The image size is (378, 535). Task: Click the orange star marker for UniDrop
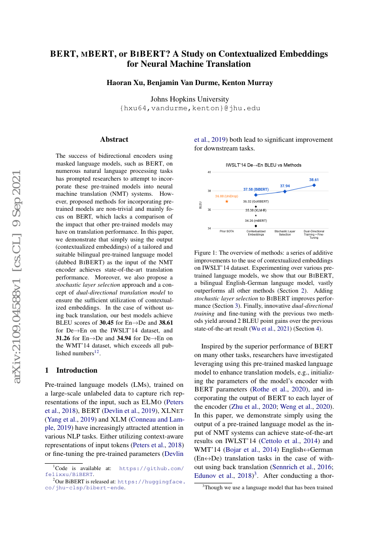[x=227, y=201]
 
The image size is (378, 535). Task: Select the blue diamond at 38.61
[x=314, y=185]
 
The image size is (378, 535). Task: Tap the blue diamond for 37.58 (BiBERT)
[x=256, y=195]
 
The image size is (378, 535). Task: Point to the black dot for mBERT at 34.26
[x=256, y=226]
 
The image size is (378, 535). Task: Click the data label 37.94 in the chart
[x=285, y=186]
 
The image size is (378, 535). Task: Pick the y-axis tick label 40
[x=209, y=172]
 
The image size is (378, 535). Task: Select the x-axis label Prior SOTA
[x=227, y=231]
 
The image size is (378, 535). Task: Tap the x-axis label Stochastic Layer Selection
[x=285, y=233]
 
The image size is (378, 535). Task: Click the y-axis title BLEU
[x=200, y=205]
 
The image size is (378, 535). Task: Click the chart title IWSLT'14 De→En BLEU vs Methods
[x=264, y=165]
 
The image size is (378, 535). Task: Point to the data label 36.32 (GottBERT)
[x=256, y=201]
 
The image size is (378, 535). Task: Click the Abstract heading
[x=114, y=139]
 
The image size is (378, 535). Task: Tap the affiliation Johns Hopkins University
[x=190, y=99]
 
